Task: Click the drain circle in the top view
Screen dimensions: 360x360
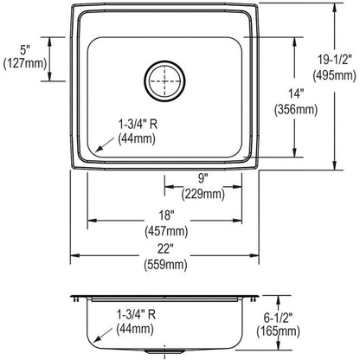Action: tap(164, 61)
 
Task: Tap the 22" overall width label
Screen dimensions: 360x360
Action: tap(165, 248)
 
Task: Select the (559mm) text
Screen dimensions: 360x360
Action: tap(165, 265)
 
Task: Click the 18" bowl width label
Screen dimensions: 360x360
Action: tap(166, 215)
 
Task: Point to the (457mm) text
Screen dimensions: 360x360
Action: tap(166, 231)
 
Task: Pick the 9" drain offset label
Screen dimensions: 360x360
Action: tap(202, 178)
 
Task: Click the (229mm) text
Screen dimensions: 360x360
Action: tap(202, 194)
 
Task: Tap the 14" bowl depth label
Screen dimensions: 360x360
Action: tap(296, 93)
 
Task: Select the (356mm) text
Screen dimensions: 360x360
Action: tap(296, 110)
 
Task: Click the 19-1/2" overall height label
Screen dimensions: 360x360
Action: tap(335, 60)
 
